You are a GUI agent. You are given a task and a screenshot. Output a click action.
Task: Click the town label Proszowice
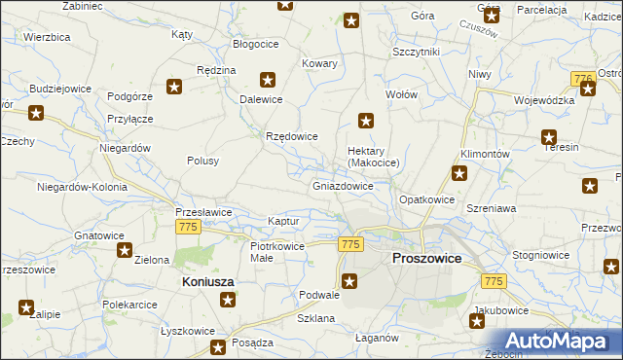[x=425, y=259]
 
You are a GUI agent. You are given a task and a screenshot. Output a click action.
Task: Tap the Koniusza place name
[x=209, y=281]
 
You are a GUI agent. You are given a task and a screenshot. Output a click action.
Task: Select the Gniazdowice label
[x=343, y=186]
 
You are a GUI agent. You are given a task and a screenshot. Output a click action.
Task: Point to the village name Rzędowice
[x=292, y=136]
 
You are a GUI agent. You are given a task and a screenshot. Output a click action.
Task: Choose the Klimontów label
[x=485, y=155]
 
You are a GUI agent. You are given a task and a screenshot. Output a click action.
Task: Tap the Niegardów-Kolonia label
[x=79, y=186]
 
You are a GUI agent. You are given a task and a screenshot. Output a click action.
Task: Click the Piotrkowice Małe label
[x=277, y=252]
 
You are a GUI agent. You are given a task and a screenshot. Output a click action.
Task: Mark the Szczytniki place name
[x=417, y=52]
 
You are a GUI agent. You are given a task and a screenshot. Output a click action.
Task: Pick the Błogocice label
[x=256, y=44]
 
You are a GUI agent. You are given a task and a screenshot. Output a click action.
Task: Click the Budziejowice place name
[x=60, y=89]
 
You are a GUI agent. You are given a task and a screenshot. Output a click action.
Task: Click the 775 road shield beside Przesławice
[x=189, y=227]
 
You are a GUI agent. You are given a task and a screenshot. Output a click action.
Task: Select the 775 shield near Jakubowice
[x=494, y=280]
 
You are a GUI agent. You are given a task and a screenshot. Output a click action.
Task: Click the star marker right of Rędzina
[x=269, y=81]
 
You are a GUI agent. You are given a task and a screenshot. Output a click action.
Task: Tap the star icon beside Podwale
[x=350, y=282]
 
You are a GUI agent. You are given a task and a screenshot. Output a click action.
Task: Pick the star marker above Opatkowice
[x=459, y=174]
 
